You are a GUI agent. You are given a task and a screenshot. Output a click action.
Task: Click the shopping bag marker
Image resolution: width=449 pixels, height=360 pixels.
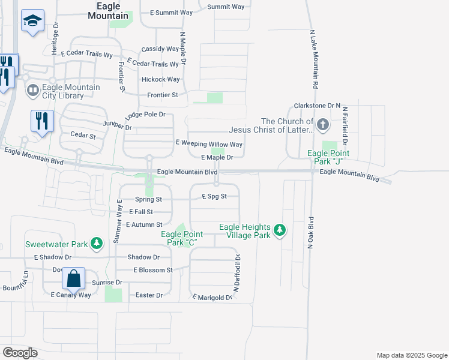[73, 279]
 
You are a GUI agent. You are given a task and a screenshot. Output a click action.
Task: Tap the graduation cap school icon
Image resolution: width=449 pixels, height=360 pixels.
[31, 22]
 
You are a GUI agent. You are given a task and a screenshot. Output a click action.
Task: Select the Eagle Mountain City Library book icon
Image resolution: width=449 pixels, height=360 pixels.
[32, 91]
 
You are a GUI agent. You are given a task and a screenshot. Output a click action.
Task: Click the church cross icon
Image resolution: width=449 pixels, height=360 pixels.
[323, 125]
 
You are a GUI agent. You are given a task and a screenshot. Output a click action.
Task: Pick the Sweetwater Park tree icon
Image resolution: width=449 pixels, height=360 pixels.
[96, 244]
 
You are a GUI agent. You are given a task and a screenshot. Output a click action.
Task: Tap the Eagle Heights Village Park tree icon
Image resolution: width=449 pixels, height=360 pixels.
[279, 230]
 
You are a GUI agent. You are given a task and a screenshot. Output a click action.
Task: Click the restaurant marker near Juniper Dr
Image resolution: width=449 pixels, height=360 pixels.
[42, 121]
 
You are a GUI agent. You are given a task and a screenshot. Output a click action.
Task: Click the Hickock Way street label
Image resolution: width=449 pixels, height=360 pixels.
[160, 79]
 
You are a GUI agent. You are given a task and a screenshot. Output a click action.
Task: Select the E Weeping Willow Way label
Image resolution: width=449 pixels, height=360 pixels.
[209, 144]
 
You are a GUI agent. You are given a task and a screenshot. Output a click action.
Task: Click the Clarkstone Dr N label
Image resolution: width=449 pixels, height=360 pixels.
[317, 106]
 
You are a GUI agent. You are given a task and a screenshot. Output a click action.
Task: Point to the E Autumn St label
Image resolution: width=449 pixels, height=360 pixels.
[144, 224]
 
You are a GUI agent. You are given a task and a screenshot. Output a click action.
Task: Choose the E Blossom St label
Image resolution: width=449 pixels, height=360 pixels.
[152, 270]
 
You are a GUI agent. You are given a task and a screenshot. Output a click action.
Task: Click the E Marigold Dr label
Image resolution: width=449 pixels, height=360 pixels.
[212, 298]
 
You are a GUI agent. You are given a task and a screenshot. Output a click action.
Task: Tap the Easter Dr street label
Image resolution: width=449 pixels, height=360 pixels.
[149, 295]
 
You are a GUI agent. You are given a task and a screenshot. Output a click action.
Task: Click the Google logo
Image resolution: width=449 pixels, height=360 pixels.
[20, 353]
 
